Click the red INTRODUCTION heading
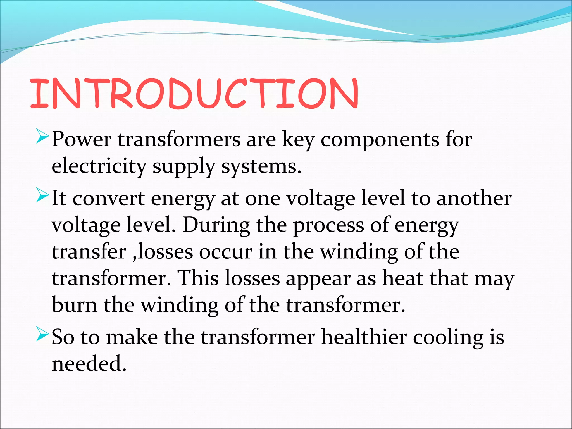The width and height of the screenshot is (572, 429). [x=194, y=94]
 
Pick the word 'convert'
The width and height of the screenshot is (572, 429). [x=109, y=199]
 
